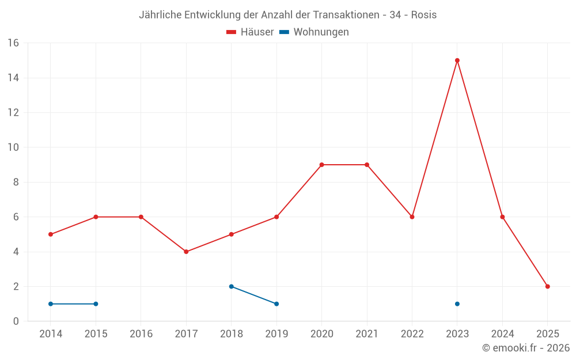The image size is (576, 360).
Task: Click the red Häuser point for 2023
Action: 457,60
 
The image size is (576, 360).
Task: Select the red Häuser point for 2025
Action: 548,286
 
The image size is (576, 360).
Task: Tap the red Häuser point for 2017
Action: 186,252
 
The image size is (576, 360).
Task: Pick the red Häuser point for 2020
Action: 321,165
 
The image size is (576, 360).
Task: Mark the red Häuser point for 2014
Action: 51,234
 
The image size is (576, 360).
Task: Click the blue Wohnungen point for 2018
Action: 231,286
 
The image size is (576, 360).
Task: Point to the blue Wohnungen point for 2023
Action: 457,304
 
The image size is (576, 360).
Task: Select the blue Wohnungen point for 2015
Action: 96,304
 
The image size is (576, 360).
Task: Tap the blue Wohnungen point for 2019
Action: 276,304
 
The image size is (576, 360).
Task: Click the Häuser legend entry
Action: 250,32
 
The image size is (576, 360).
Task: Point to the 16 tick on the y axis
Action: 13,43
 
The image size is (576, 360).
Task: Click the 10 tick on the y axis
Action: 13,147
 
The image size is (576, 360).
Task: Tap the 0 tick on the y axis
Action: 16,321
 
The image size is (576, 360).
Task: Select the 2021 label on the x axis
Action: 367,334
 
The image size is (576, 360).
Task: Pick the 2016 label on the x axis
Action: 141,334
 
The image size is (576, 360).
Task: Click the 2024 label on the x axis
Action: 502,334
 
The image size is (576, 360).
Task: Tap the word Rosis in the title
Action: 423,15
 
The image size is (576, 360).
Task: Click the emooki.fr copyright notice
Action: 526,348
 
